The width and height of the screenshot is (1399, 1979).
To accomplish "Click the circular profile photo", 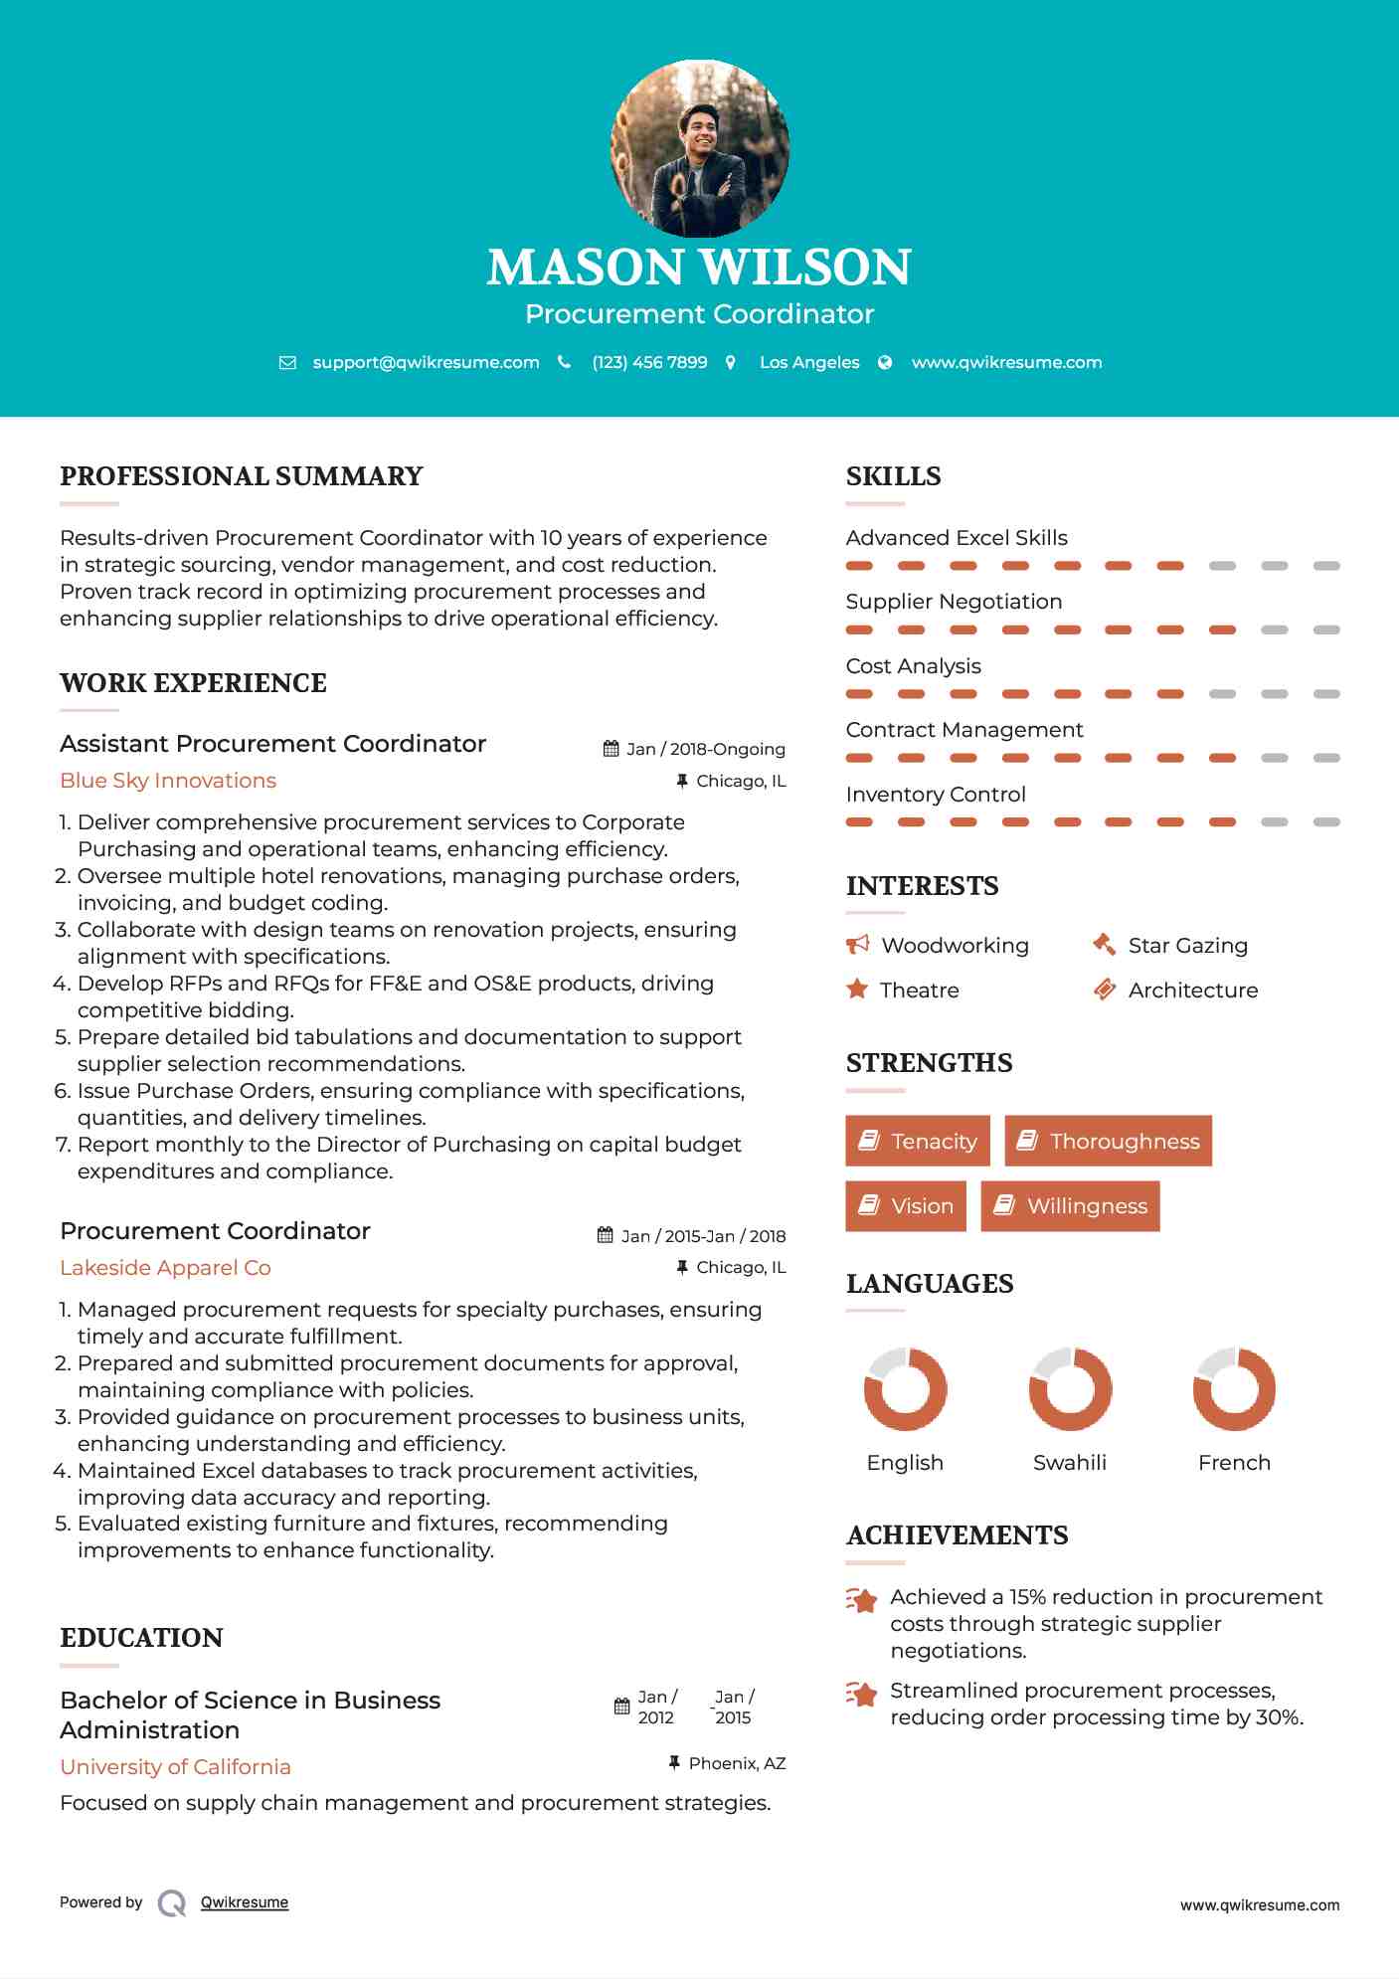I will pos(699,149).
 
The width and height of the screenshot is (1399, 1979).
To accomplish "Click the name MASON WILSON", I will pos(699,267).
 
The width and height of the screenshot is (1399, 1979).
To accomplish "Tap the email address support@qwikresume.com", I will pos(426,362).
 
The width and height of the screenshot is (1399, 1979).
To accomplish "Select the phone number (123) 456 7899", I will pos(649,362).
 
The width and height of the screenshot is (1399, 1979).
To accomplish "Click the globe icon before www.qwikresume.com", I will pos(885,362).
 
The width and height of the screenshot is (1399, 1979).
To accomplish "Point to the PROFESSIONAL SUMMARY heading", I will pos(242,476).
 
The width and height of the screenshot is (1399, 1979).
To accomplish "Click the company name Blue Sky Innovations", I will pos(168,781).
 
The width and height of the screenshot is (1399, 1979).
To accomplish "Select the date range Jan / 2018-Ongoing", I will pos(705,749).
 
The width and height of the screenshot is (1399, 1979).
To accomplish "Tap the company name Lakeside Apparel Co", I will pos(165,1268).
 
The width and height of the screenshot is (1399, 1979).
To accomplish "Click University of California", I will pos(175,1767).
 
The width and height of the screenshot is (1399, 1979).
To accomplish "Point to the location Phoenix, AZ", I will pos(737,1763).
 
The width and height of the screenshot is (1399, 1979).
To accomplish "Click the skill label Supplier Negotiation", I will pos(954,602).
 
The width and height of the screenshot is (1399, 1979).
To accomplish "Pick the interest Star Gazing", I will pos(1187,946).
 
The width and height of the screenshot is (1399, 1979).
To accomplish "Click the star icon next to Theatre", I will pos(856,989).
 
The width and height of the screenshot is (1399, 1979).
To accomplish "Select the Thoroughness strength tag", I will pos(1108,1141).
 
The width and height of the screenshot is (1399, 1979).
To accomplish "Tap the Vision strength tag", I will pos(905,1205).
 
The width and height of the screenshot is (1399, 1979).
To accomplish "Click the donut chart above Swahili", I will pos(1070,1388).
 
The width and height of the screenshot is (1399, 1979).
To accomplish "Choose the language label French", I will pos(1234,1463).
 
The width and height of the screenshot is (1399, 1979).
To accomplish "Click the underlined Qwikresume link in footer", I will pos(245,1902).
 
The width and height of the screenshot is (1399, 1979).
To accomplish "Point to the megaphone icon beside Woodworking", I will pos(857,944).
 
